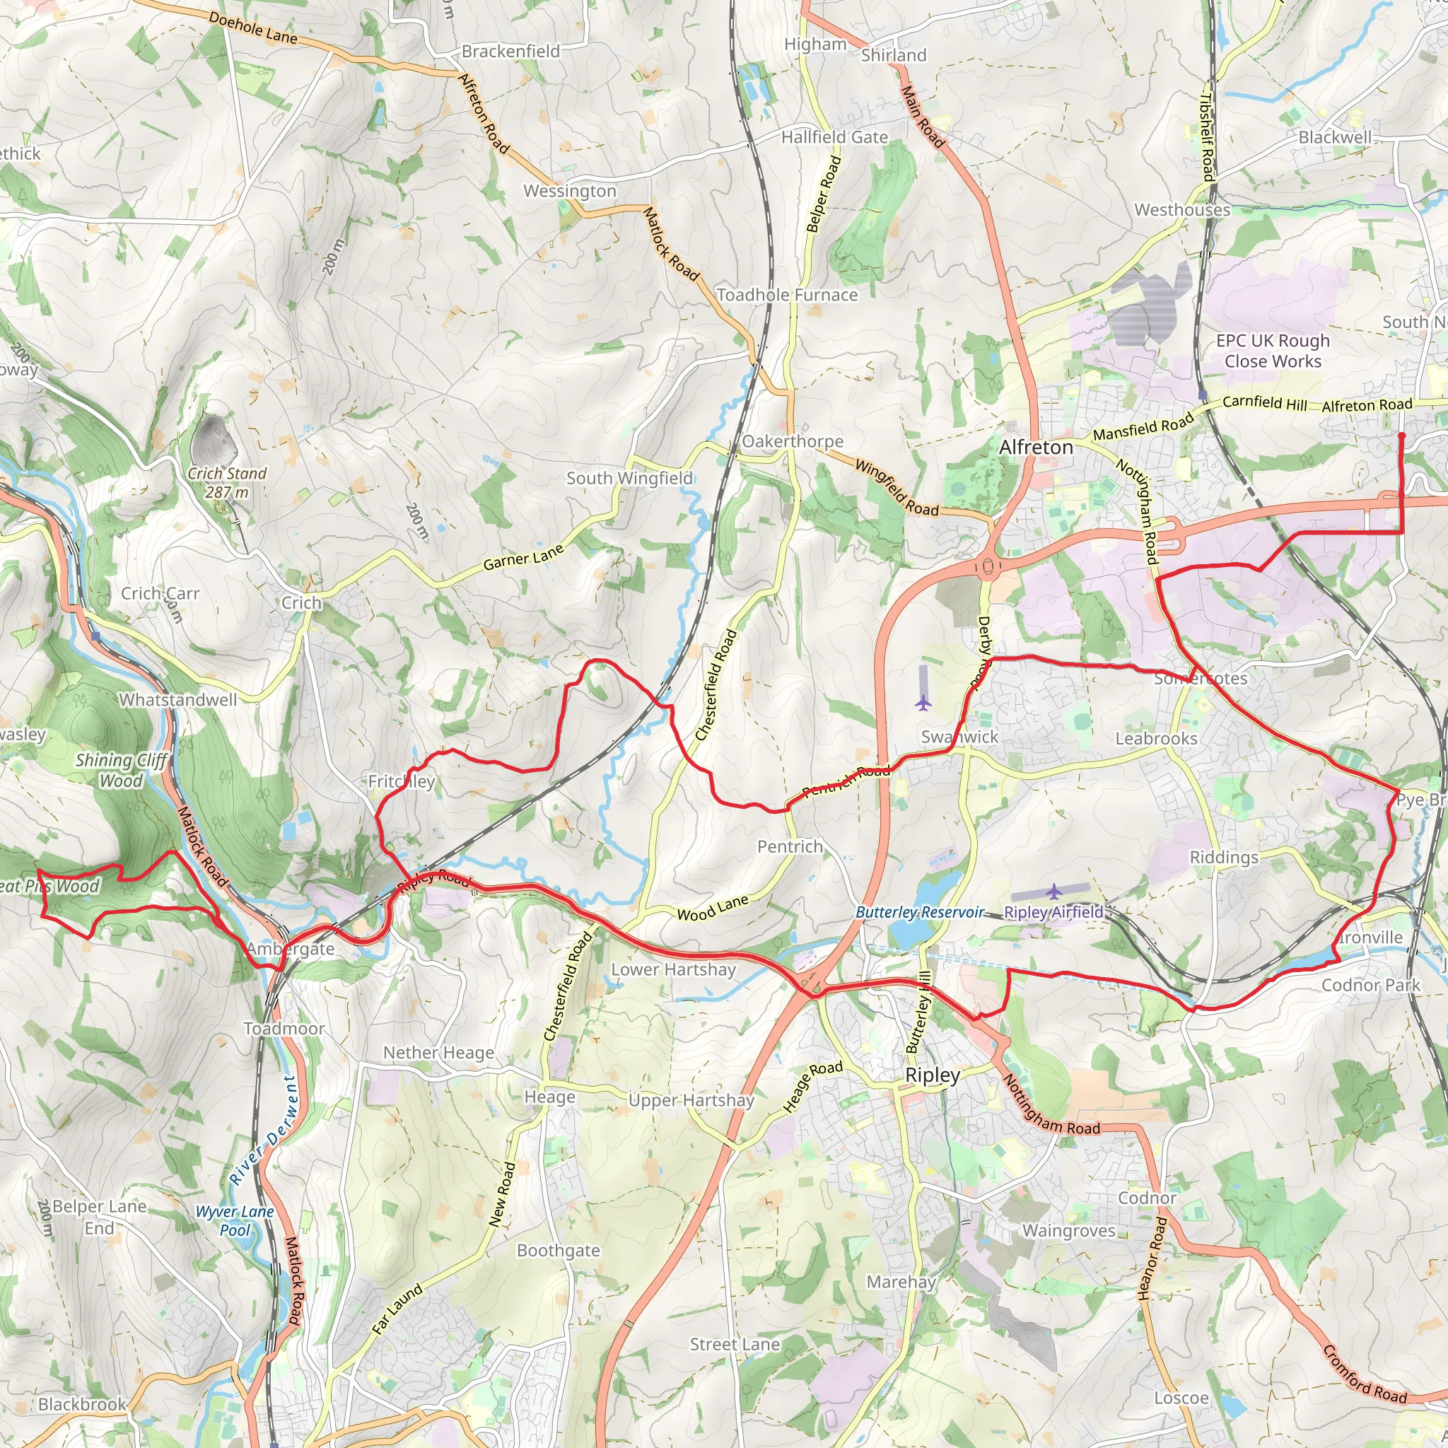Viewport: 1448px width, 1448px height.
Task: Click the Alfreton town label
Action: pyautogui.click(x=1036, y=447)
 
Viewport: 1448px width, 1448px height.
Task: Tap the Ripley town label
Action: pyautogui.click(x=933, y=1075)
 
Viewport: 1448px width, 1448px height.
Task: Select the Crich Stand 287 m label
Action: pyautogui.click(x=227, y=483)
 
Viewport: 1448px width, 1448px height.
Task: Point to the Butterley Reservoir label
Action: pyautogui.click(x=920, y=912)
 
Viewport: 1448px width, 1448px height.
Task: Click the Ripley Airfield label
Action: pyautogui.click(x=1053, y=912)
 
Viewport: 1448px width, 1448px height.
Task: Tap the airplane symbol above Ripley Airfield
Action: pyautogui.click(x=1053, y=891)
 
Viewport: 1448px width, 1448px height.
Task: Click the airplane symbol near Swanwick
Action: pyautogui.click(x=923, y=703)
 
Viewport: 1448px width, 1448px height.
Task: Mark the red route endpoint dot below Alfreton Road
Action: pyautogui.click(x=1401, y=436)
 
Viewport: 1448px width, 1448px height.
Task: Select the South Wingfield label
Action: pyautogui.click(x=629, y=478)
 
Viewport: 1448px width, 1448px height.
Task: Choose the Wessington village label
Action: pyautogui.click(x=570, y=191)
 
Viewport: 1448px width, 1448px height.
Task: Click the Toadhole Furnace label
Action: pyautogui.click(x=787, y=295)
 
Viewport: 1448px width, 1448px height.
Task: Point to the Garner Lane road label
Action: pyautogui.click(x=523, y=558)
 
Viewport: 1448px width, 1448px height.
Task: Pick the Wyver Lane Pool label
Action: pyautogui.click(x=235, y=1220)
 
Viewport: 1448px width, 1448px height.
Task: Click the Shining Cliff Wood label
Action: pyautogui.click(x=122, y=770)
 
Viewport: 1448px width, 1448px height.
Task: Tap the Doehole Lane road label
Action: pyautogui.click(x=252, y=27)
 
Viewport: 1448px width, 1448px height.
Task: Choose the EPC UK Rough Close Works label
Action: pyautogui.click(x=1273, y=351)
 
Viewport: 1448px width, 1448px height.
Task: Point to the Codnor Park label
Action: pyautogui.click(x=1370, y=985)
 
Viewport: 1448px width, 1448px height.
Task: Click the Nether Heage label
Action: pyautogui.click(x=438, y=1052)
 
